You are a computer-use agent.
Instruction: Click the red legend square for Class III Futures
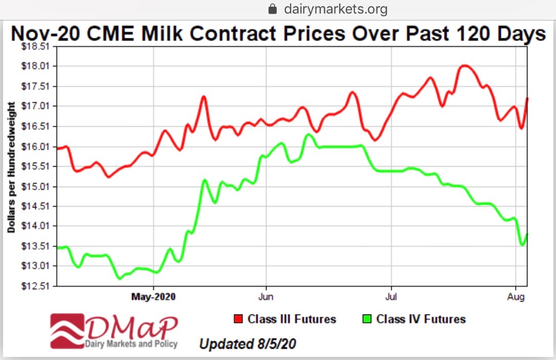tap(238, 320)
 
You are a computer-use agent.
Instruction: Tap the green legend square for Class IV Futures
tap(366, 320)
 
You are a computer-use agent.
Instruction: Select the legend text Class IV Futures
tap(420, 320)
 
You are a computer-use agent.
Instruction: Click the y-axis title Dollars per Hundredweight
tap(11, 167)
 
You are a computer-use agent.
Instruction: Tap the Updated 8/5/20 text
tap(247, 344)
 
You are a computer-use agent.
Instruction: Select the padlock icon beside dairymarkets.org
tap(273, 9)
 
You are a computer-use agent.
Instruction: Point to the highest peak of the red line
tap(464, 65)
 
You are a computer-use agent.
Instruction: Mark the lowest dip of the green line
tap(120, 278)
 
